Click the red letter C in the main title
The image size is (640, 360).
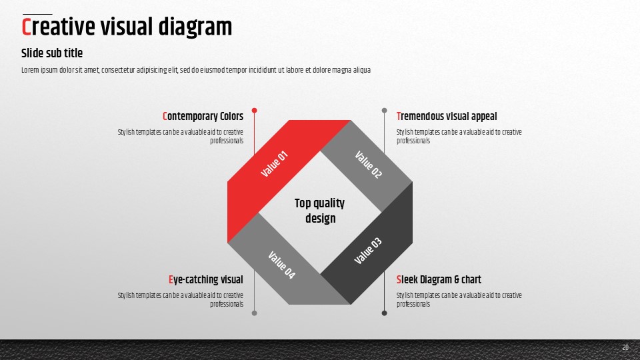26,27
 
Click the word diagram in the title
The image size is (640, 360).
195,27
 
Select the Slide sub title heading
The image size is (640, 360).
52,53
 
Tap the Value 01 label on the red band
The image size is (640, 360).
274,164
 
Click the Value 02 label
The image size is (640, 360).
368,165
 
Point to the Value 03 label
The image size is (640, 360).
368,251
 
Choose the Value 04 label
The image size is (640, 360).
281,265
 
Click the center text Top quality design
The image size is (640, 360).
319,211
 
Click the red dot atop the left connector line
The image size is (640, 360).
254,111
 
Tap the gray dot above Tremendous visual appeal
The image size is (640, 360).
384,111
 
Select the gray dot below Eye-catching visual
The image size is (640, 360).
254,313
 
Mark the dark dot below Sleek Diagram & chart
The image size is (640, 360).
384,313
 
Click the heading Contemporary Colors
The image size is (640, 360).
203,116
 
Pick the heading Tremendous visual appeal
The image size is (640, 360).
447,116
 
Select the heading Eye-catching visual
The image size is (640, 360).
206,279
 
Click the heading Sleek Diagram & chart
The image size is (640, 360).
439,279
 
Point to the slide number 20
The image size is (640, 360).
625,347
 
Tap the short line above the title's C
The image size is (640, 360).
37,14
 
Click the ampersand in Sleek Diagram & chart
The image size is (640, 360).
457,279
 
